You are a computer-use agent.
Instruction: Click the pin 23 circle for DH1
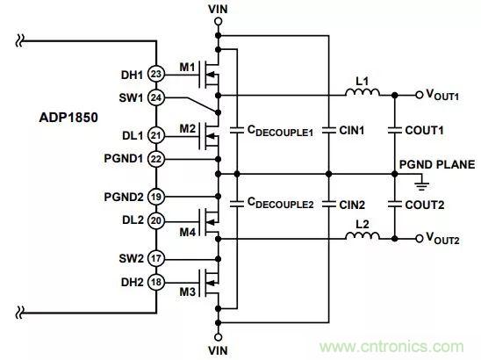(156, 75)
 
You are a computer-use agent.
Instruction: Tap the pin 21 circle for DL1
(156, 136)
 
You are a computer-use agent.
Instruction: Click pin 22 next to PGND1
(156, 158)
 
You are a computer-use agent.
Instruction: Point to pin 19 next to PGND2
(156, 197)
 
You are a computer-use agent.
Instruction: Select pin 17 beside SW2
(156, 259)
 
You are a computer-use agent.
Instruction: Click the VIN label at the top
(218, 10)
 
